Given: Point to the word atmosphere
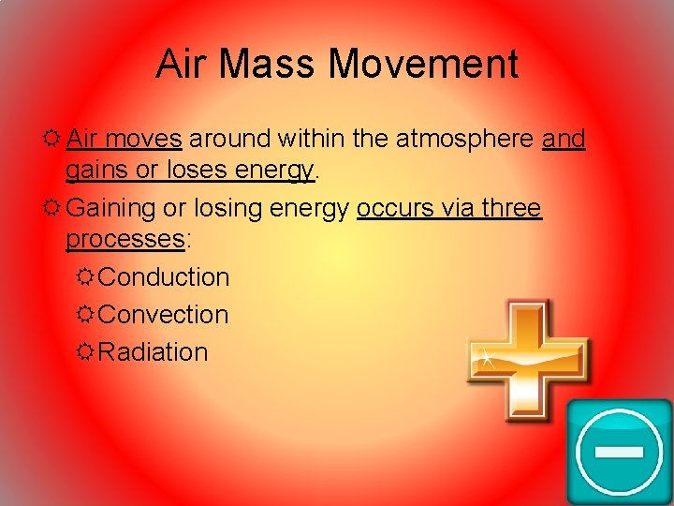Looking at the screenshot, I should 460,140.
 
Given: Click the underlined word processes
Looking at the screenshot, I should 125,239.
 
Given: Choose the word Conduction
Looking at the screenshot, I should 164,277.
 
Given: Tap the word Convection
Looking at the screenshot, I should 163,315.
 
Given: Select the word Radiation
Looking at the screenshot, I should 153,352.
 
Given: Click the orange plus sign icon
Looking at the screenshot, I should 527,361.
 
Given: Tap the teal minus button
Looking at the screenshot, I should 619,452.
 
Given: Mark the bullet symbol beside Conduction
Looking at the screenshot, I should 84,277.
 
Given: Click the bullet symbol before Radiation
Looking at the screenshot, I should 84,352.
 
